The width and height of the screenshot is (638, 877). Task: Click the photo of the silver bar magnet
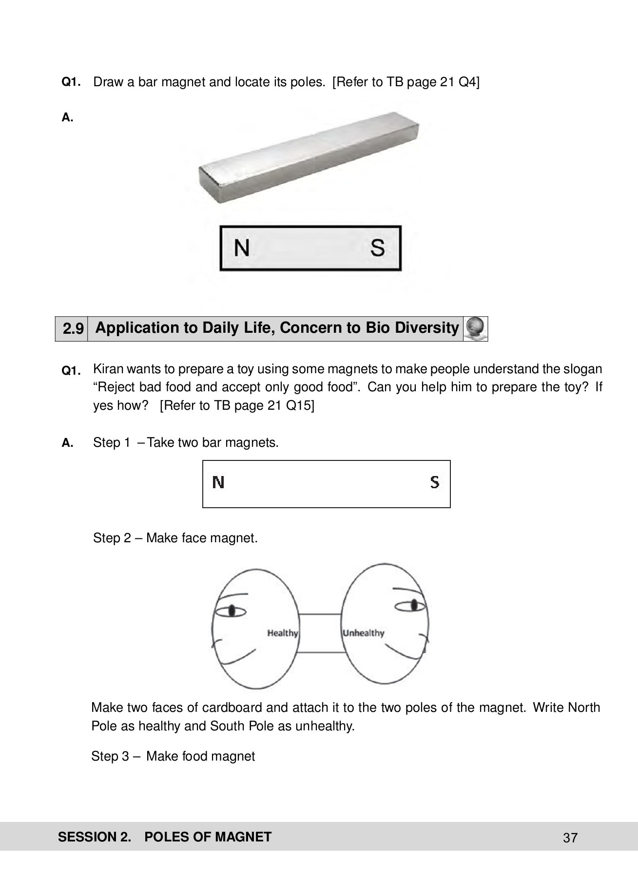coord(309,156)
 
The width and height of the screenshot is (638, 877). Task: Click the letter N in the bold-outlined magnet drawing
coord(242,248)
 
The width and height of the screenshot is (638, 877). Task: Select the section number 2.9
coord(72,329)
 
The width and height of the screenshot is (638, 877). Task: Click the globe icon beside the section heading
coord(475,328)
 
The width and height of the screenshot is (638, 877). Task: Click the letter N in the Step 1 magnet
coord(218,483)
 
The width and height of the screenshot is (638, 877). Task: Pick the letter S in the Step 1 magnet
coord(435,482)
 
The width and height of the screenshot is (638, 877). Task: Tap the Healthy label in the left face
coord(282,633)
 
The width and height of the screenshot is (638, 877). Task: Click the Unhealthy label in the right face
coord(364,633)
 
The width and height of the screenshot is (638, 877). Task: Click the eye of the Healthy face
coord(232,610)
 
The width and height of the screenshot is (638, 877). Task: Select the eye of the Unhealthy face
coord(414,606)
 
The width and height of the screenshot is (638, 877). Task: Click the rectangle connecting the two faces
coord(319,632)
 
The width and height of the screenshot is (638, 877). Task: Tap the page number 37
coord(570,838)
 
